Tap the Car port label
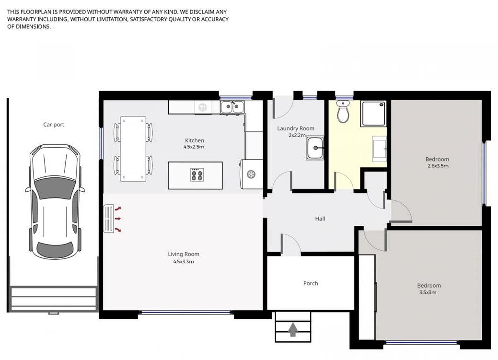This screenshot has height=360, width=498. tap(54, 125)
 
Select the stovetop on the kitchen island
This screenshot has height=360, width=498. tap(197, 174)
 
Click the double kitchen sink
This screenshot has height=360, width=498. tap(232, 107)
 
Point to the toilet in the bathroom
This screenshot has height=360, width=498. tap(343, 112)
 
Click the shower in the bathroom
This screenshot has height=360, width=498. tap(373, 114)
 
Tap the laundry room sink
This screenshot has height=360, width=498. tap(315, 148)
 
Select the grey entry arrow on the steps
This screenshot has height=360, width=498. tap(292, 329)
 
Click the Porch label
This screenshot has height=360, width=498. tap(310, 283)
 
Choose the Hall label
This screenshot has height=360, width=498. tap(320, 219)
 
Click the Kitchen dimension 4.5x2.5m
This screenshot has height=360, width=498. tap(194, 147)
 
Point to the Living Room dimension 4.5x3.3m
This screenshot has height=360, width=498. tap(184, 262)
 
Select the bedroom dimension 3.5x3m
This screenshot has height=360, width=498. tap(428, 292)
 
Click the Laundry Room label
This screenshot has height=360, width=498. tap(296, 128)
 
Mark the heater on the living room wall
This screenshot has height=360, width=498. tap(109, 219)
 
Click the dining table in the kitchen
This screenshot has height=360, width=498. tap(133, 149)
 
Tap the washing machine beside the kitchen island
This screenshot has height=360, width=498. tap(252, 174)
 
